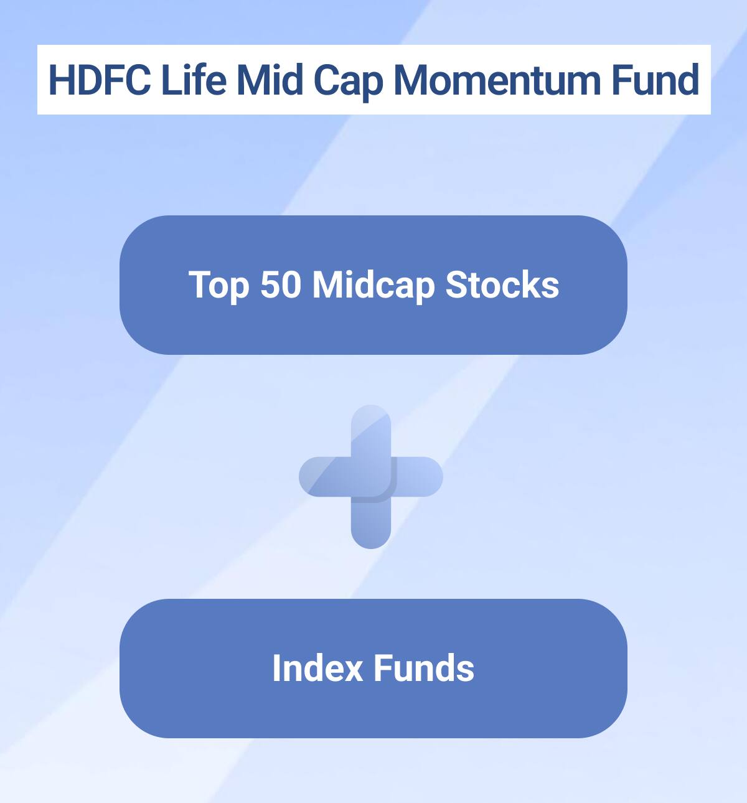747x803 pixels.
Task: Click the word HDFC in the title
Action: click(x=100, y=80)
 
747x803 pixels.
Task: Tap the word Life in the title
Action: click(x=194, y=80)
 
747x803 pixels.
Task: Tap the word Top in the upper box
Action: click(x=218, y=286)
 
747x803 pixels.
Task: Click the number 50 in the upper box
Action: click(x=280, y=284)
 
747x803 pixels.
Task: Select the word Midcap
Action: click(x=374, y=286)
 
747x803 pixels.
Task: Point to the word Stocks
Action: click(x=502, y=284)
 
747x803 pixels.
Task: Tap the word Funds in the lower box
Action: click(x=424, y=668)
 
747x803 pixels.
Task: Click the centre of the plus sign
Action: click(x=371, y=477)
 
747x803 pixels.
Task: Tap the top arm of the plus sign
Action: click(x=371, y=430)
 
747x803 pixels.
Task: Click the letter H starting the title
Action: click(x=61, y=80)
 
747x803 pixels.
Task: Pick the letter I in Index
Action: click(x=276, y=668)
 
